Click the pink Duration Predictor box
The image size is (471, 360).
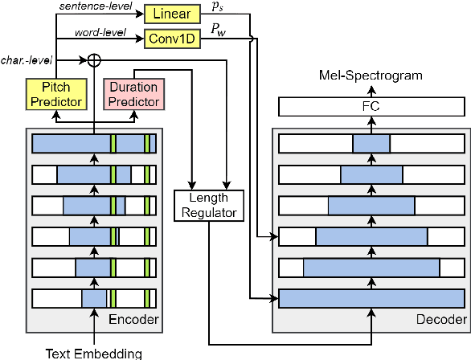[x=134, y=94]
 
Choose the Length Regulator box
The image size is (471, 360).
[x=208, y=205]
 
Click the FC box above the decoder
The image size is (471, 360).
[x=371, y=107]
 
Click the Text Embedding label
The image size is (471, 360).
[x=93, y=352]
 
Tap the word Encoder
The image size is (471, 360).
[x=134, y=321]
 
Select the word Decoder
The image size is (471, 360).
[x=440, y=321]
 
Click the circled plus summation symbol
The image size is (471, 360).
[x=94, y=59]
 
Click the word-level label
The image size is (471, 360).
[x=98, y=33]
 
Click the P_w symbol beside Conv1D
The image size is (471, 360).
[x=218, y=30]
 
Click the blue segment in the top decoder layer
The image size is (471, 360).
[x=371, y=144]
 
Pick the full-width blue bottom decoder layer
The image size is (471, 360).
[x=371, y=299]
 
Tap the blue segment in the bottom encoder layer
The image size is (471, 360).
[x=93, y=299]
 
